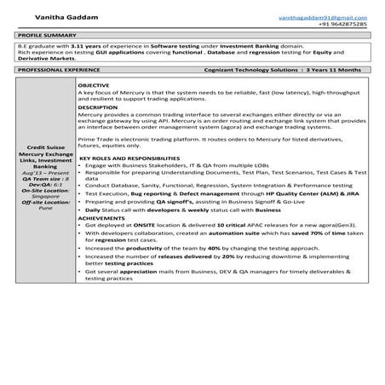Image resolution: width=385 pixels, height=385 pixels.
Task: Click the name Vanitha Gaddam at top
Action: coord(51,17)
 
